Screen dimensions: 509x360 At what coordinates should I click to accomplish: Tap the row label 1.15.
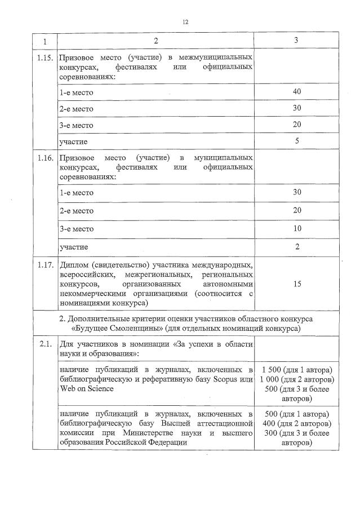(45, 59)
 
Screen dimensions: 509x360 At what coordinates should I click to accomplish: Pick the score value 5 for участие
(297, 141)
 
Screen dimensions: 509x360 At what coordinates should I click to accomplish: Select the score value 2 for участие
(297, 246)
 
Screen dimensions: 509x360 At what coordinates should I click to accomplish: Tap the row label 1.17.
(45, 265)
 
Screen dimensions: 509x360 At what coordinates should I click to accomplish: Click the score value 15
(297, 284)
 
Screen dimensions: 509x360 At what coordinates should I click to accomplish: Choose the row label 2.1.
(45, 343)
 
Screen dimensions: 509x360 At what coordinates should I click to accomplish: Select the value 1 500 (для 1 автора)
(297, 369)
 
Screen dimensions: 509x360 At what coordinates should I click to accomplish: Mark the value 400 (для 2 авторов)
(297, 423)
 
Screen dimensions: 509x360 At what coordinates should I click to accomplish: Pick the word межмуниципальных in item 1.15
(215, 59)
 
